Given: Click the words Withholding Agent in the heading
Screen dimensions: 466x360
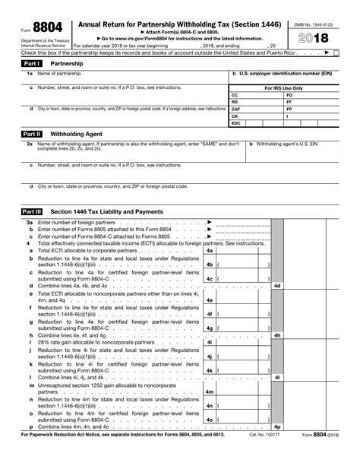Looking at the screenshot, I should [71, 133].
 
